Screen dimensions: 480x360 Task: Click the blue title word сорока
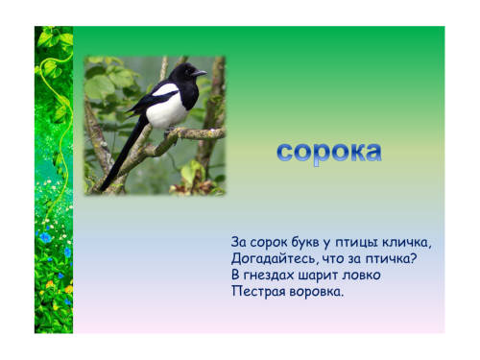(329, 153)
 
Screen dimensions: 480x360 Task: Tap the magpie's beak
(199, 74)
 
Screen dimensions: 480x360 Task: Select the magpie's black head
(185, 73)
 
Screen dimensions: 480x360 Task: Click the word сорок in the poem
(269, 243)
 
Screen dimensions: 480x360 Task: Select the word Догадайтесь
(272, 259)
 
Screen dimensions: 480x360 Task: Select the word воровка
(314, 292)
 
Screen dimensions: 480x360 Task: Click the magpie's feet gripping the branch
(171, 132)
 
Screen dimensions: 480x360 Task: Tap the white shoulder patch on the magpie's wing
(165, 90)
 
